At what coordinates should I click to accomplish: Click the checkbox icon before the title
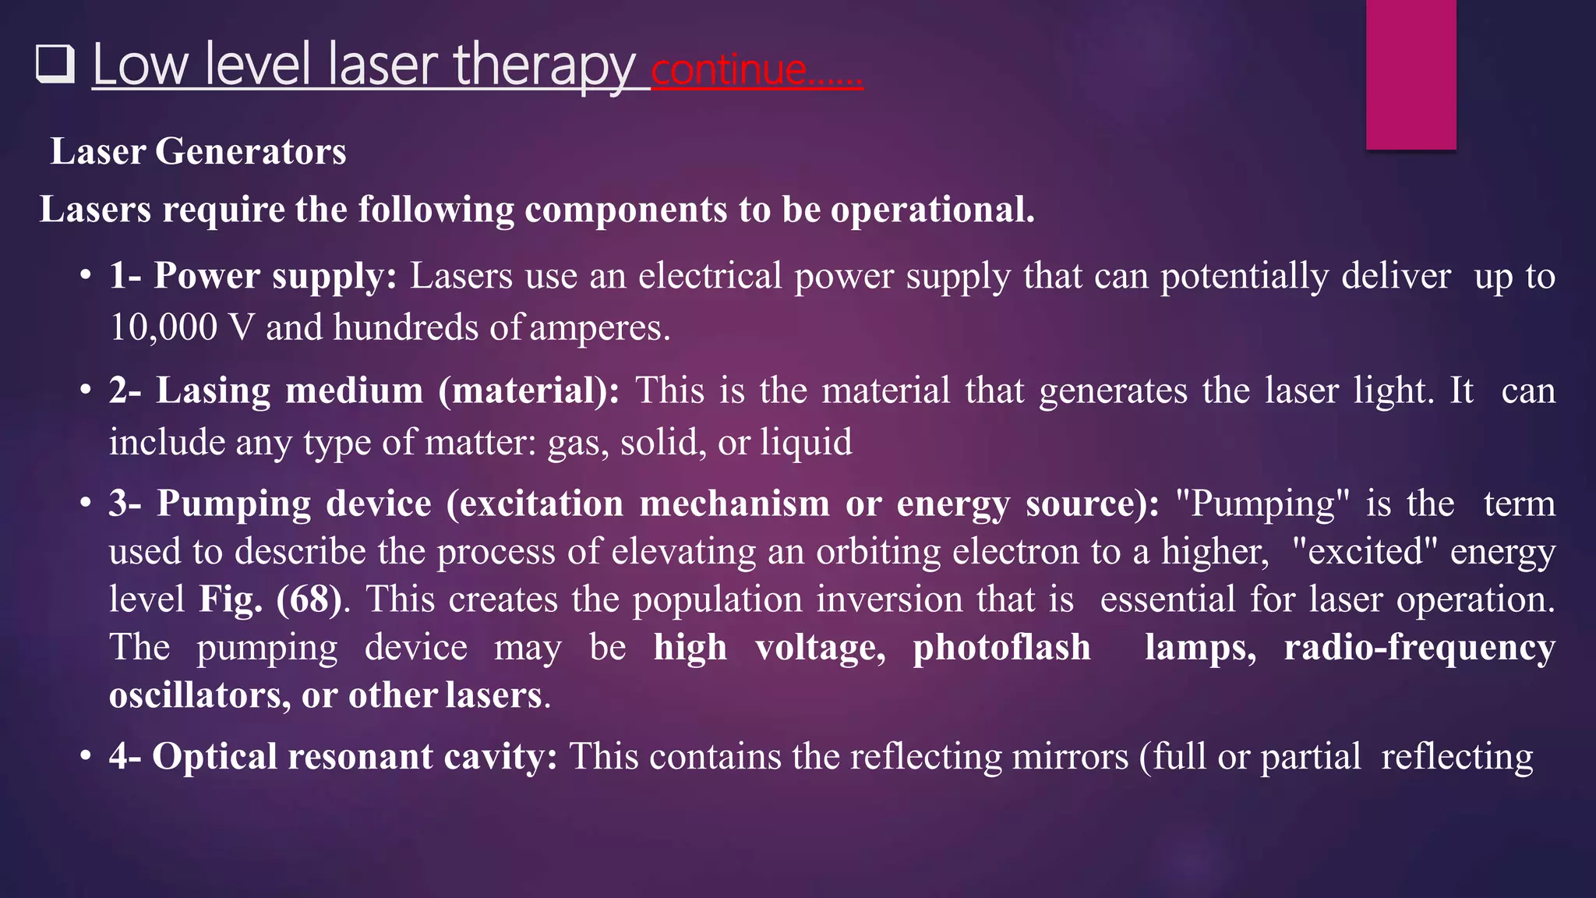click(x=55, y=64)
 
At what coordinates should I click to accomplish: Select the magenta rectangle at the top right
click(x=1411, y=74)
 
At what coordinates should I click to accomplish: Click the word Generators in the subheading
click(x=250, y=151)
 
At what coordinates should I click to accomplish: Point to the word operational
click(x=932, y=210)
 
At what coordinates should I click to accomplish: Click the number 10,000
click(x=163, y=327)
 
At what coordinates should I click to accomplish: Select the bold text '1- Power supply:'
click(x=252, y=276)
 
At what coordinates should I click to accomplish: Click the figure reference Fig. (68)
click(x=270, y=599)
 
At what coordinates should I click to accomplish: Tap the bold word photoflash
click(x=1001, y=648)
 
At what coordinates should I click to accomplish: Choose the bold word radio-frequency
click(x=1419, y=648)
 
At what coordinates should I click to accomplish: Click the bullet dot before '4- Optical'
click(x=87, y=757)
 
